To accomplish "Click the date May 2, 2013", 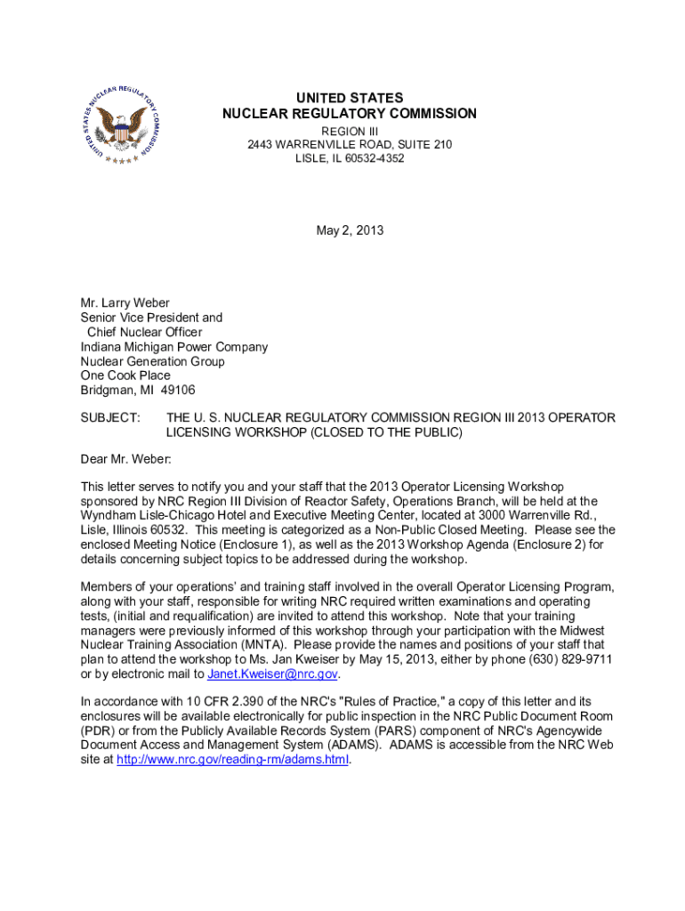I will click(x=350, y=230).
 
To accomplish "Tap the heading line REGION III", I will click(x=350, y=131).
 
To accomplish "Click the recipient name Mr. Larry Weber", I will click(x=125, y=303).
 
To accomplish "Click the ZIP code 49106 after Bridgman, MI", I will click(x=178, y=390).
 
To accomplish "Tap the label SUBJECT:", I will click(x=110, y=418).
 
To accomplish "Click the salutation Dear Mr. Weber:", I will click(x=125, y=459).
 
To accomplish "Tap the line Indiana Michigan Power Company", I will click(x=174, y=347).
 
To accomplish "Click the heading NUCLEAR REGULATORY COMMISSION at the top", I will click(x=350, y=114).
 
